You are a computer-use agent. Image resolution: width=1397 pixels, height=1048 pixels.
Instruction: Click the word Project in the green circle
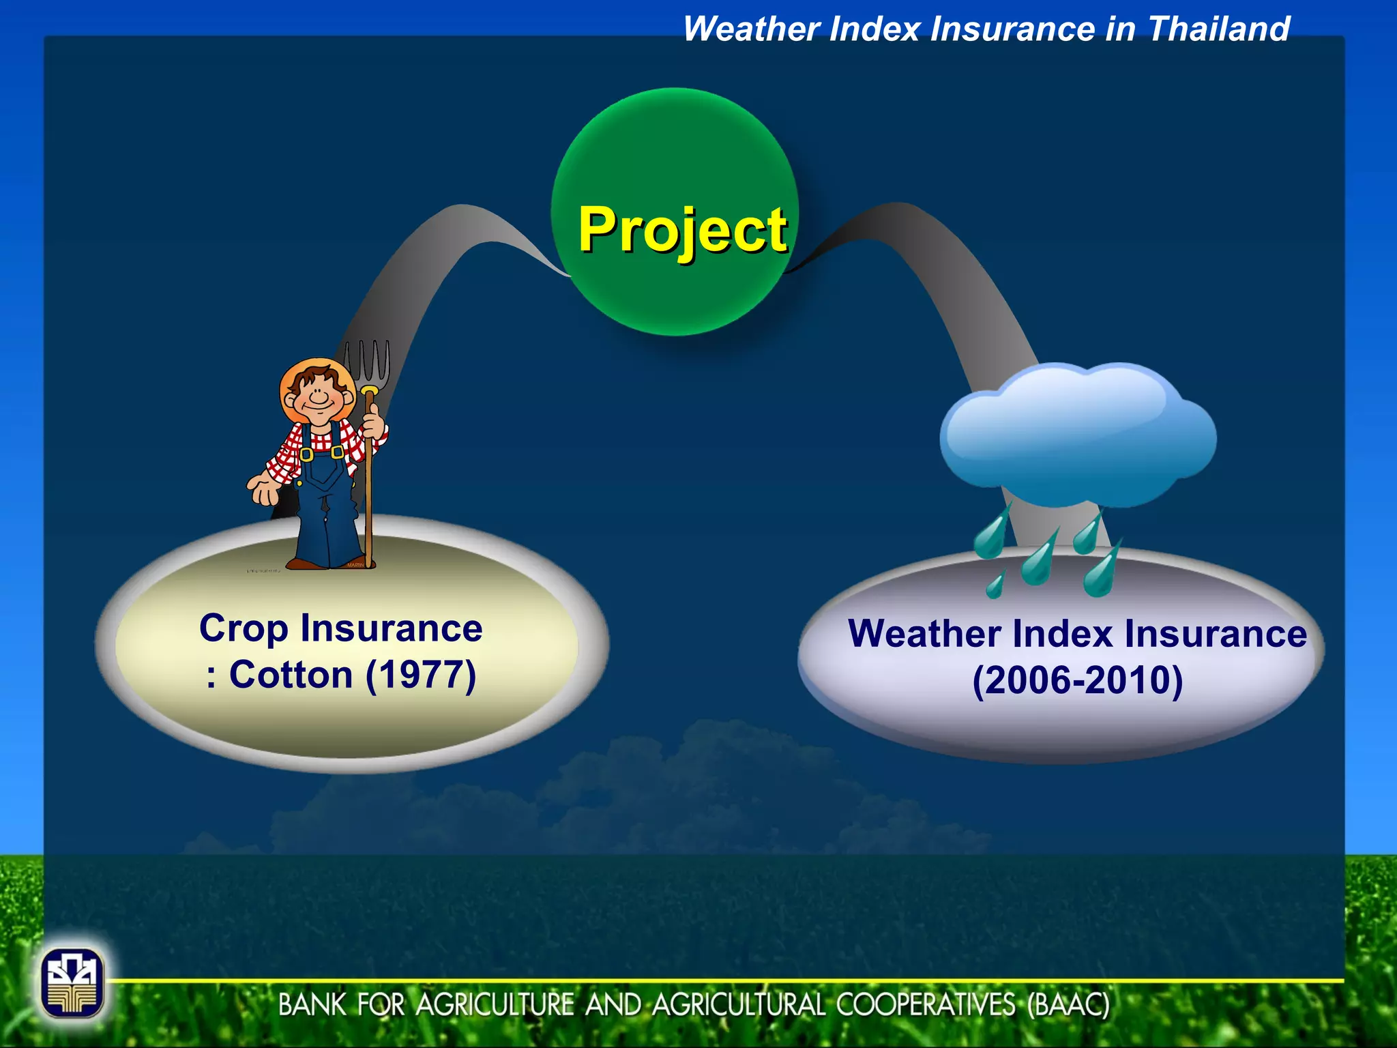click(x=682, y=231)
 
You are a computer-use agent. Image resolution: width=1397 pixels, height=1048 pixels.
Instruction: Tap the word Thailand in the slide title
click(x=1218, y=30)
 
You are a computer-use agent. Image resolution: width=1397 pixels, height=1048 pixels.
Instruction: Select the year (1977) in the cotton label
click(x=421, y=675)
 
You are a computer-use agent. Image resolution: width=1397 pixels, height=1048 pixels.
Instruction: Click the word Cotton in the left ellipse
click(x=291, y=675)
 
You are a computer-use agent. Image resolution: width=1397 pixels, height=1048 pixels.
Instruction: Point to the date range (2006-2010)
click(x=1077, y=680)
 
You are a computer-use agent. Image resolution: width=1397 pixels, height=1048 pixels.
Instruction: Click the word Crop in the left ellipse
click(x=243, y=629)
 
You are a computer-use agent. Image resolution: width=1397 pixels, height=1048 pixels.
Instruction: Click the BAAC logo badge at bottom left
click(x=72, y=983)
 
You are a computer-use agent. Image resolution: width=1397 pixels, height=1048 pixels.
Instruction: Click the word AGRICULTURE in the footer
click(x=495, y=1005)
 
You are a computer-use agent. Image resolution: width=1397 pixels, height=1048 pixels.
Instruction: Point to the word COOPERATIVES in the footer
click(x=924, y=1005)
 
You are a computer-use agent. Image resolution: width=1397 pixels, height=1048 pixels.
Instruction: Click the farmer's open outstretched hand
click(x=263, y=489)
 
